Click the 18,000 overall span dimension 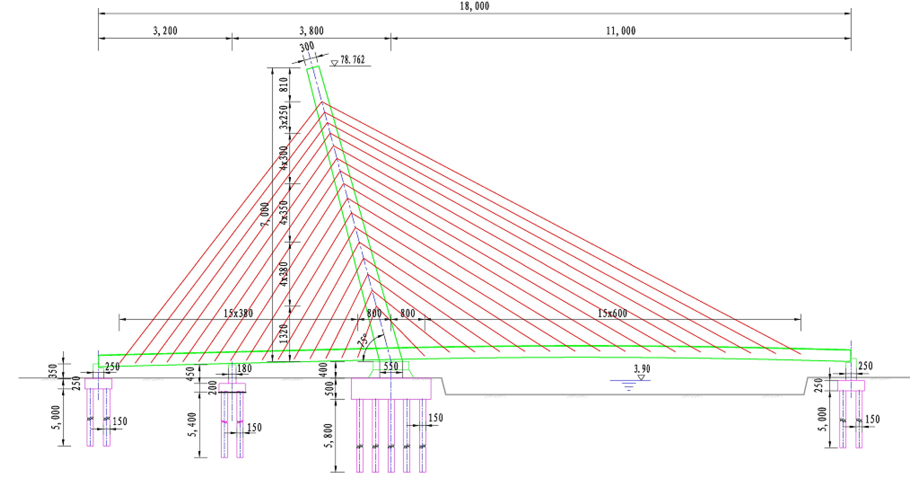(x=474, y=6)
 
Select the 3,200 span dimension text (x=165, y=31)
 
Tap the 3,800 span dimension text (x=311, y=31)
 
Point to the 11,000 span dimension (x=621, y=31)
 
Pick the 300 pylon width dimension (x=307, y=47)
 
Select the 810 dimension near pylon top (x=284, y=85)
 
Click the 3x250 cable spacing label (x=284, y=117)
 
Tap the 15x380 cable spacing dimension (x=238, y=313)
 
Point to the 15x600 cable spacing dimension (x=612, y=313)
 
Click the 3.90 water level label (x=642, y=369)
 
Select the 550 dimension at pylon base (x=390, y=366)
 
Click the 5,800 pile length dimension (x=329, y=435)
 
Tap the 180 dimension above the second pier (x=244, y=368)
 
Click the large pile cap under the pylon (x=391, y=388)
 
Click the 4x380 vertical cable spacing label (x=284, y=274)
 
